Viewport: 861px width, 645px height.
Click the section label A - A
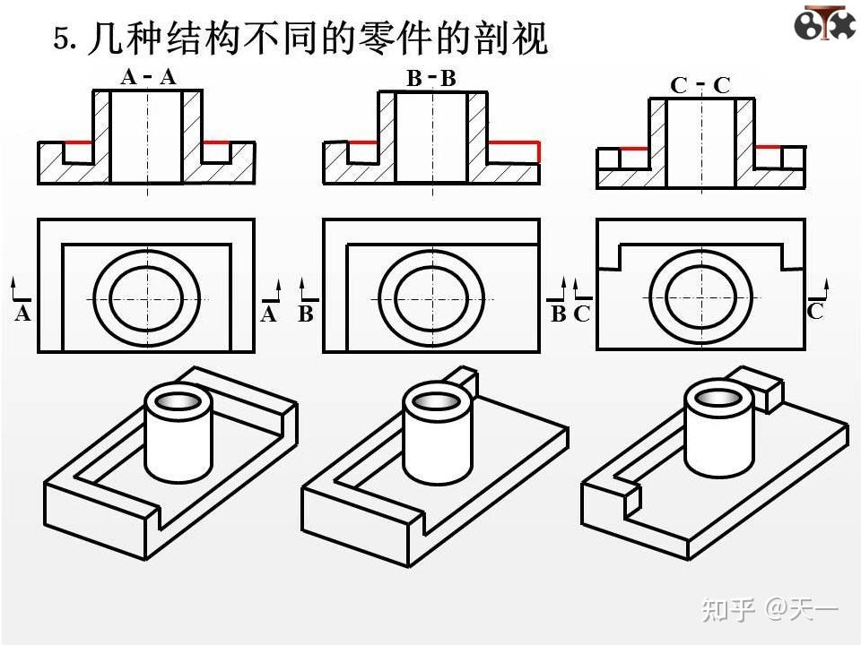pos(149,77)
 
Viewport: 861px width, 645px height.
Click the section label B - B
pos(431,79)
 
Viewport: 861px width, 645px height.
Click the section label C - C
pos(700,85)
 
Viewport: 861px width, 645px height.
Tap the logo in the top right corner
pos(823,22)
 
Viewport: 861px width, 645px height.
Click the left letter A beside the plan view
pos(23,314)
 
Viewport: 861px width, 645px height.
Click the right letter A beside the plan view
pos(268,314)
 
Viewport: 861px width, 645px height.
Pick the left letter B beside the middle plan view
pos(306,314)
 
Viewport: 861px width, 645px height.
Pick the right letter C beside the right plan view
pos(814,311)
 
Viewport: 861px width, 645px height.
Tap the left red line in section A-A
pos(78,142)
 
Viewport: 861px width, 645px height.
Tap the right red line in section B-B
pos(513,142)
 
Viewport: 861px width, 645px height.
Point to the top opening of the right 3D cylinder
pos(718,398)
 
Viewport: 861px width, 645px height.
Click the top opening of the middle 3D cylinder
pos(437,400)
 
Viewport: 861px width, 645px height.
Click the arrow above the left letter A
pos(15,288)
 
